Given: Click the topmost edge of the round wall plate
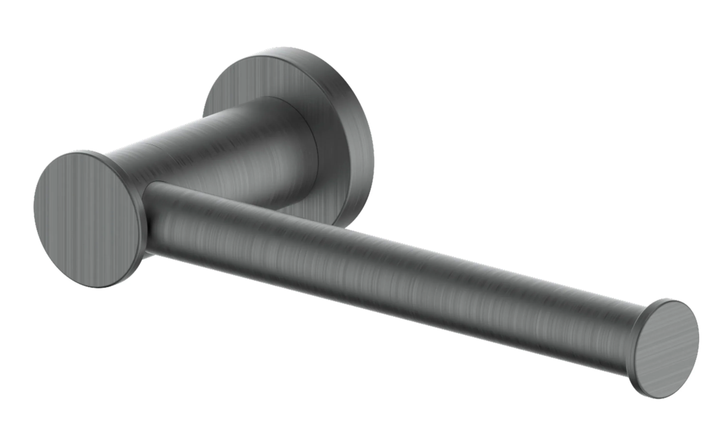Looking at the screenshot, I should point(284,48).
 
